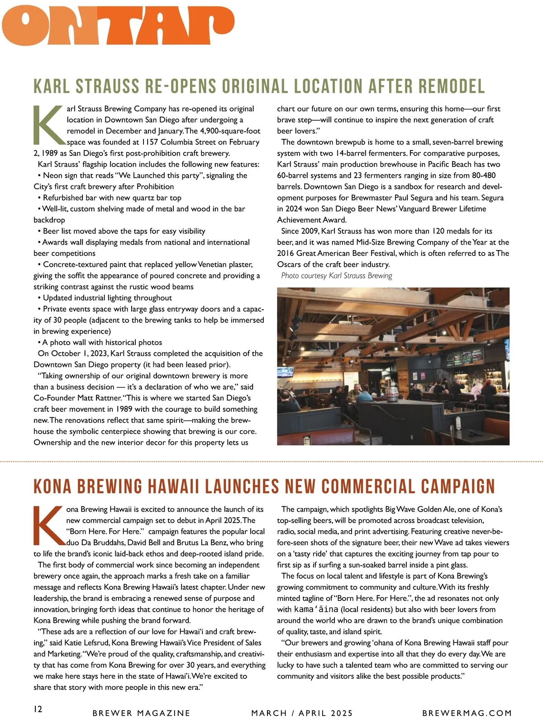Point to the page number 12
38,709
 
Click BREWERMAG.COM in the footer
467,713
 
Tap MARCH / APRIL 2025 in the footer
302,713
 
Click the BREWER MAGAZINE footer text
141,713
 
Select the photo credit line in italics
336,276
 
